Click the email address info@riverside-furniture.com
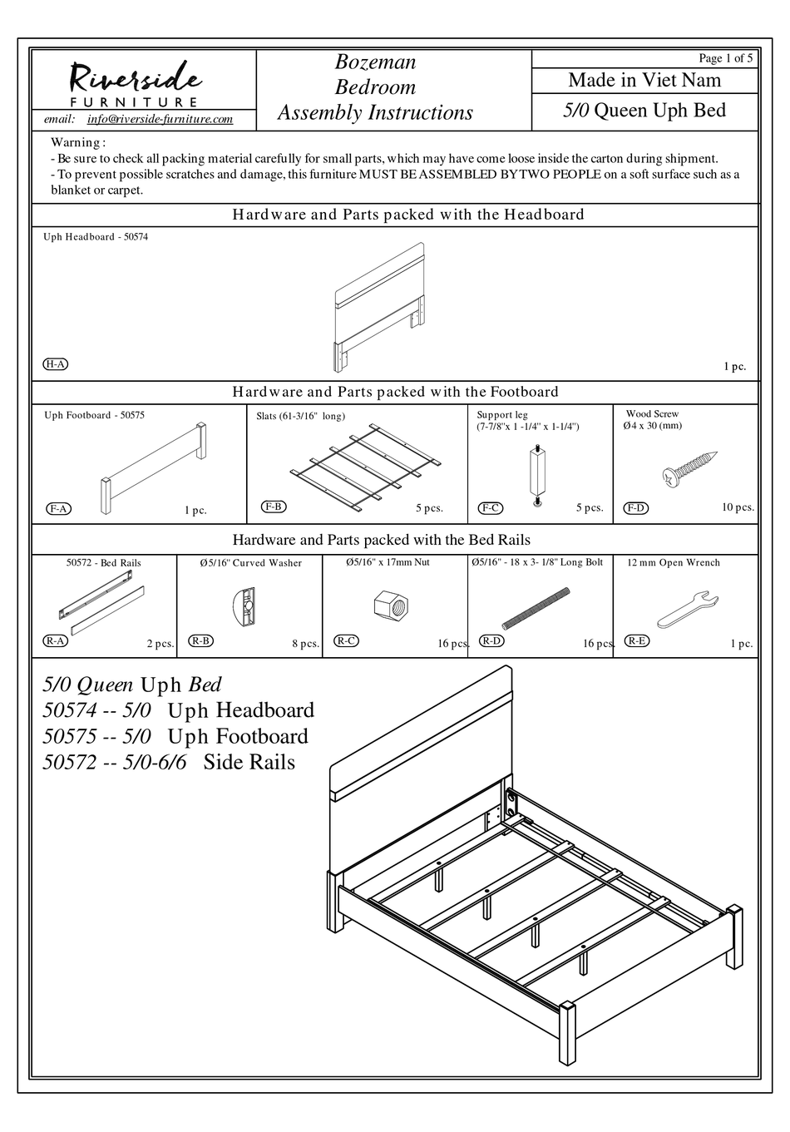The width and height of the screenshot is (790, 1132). tap(160, 120)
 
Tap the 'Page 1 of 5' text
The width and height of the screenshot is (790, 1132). tap(725, 58)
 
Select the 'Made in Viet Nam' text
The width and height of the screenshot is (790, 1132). tap(644, 81)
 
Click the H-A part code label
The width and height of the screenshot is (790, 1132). tap(55, 364)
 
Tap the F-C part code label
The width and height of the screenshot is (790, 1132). tap(491, 508)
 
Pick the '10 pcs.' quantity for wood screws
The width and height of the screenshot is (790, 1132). tap(737, 507)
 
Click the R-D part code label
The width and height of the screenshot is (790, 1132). tap(492, 640)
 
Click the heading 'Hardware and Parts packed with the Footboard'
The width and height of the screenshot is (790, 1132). tap(395, 392)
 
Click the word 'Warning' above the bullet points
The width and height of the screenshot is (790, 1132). tap(77, 143)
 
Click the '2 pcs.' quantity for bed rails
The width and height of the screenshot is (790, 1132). tap(160, 643)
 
